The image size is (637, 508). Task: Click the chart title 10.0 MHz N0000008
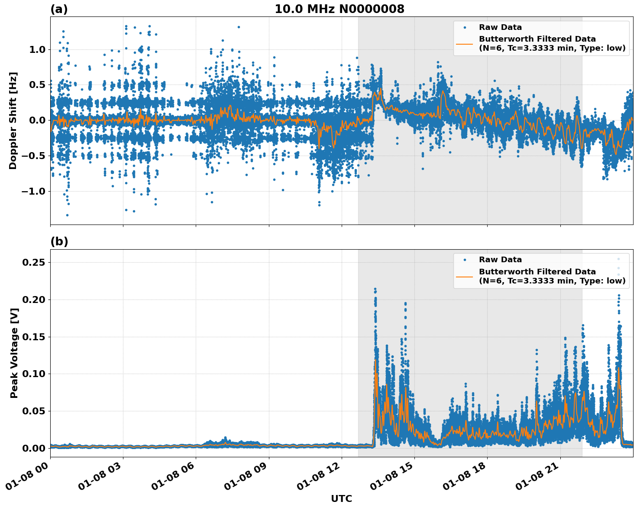click(339, 9)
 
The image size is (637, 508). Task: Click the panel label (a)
click(59, 9)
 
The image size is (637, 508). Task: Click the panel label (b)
click(59, 241)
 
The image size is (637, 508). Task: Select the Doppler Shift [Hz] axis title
click(13, 120)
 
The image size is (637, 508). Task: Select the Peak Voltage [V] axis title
click(14, 353)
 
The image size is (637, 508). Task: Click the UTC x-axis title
click(341, 498)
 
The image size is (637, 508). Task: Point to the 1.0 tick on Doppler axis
click(37, 50)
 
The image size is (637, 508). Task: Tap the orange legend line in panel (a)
click(465, 43)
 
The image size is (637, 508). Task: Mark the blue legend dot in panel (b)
click(465, 260)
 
